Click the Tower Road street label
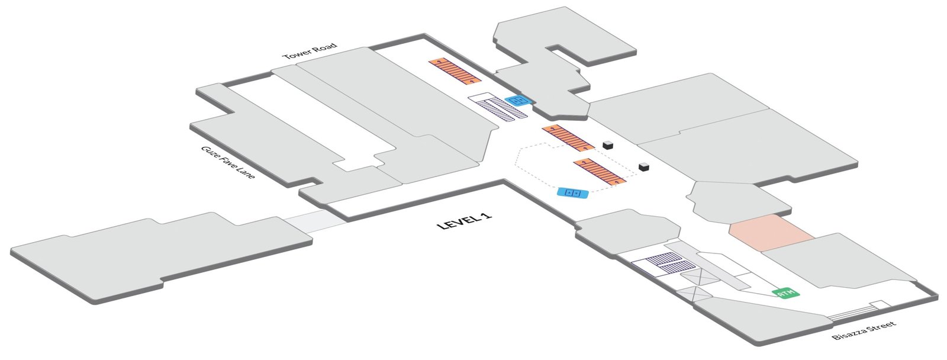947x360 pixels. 310,51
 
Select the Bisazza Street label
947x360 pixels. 864,330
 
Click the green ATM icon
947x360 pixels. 786,292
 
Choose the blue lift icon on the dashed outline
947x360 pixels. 572,193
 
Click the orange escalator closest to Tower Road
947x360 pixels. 455,70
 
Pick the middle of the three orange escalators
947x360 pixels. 568,138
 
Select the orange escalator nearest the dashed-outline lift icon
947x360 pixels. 600,171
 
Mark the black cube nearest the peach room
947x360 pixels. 645,168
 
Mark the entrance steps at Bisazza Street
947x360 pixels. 852,313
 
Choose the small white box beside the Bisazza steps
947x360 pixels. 880,305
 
